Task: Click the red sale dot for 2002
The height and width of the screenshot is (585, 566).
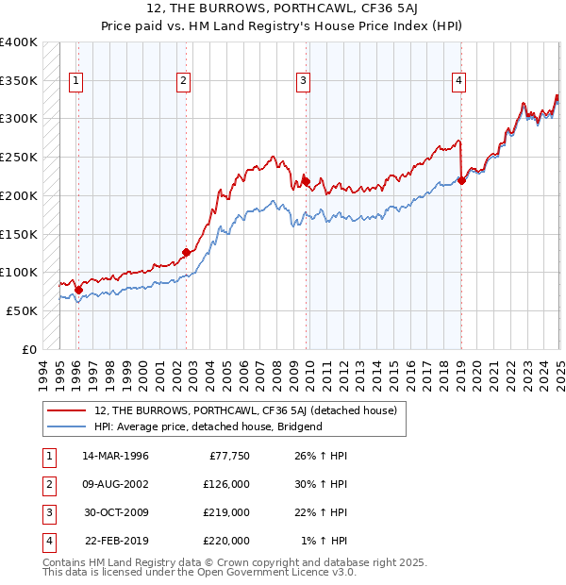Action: [186, 252]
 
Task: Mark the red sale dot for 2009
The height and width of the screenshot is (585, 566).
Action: [306, 180]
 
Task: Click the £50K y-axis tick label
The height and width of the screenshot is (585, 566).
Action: [22, 310]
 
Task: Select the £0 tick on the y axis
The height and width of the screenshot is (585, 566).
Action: [29, 349]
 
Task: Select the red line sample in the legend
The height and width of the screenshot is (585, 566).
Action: [67, 410]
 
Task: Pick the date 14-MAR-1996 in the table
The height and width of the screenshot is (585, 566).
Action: [116, 455]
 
